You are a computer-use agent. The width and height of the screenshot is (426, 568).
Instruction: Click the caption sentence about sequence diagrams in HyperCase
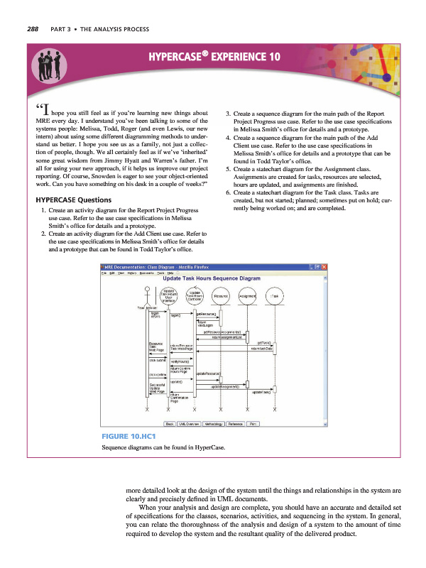point(164,449)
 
